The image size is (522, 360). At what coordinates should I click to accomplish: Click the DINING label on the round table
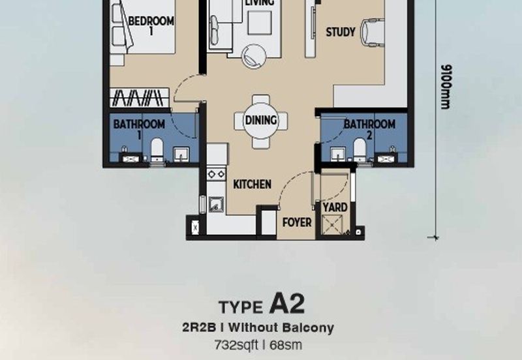point(261,120)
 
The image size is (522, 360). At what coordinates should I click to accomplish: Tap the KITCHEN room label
point(252,185)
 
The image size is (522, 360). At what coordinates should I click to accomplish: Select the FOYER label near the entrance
point(297,222)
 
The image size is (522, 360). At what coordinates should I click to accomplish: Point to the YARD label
point(335,207)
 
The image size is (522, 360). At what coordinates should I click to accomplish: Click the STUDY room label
point(341,32)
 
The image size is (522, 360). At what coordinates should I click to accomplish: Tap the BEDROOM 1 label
point(151,25)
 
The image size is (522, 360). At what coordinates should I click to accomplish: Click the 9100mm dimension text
point(446,87)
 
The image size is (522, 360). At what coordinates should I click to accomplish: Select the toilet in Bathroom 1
point(157,151)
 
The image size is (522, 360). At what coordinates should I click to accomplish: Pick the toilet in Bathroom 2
point(360,150)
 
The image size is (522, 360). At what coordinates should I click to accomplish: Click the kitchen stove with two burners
point(217,174)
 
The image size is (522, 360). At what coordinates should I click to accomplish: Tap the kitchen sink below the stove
point(216,205)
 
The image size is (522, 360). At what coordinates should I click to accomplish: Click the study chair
point(373,32)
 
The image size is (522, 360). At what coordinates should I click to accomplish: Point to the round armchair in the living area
point(254,57)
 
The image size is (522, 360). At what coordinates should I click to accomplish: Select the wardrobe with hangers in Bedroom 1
point(140,98)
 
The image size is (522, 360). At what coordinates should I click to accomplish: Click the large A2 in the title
point(286,304)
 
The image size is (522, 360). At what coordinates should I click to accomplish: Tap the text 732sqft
point(236,345)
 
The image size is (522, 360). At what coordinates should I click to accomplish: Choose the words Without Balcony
point(281,328)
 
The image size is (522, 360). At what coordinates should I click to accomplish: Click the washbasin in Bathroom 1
point(181,154)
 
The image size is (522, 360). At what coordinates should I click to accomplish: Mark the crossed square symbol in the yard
point(332,225)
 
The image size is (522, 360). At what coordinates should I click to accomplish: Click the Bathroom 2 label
point(369,129)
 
